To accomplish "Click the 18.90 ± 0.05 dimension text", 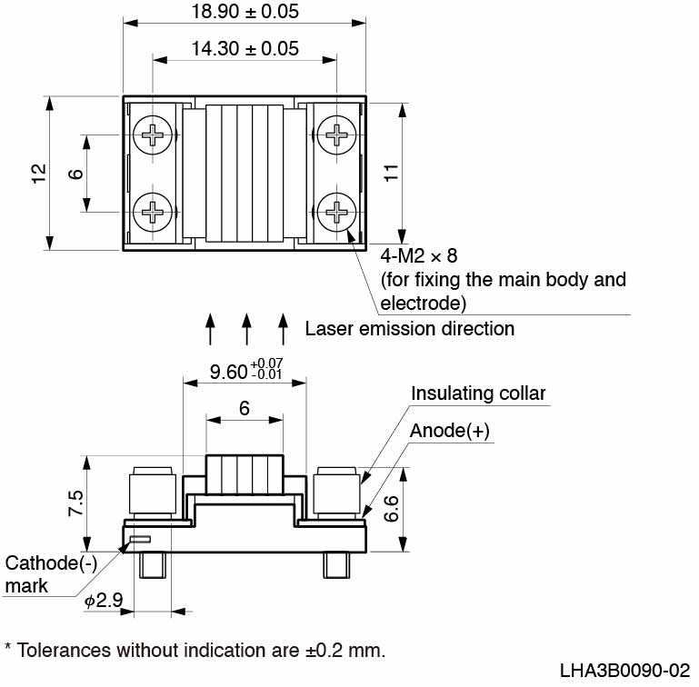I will click(245, 13).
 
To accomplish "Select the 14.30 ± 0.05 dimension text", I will click(245, 49).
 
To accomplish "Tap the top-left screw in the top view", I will click(152, 136).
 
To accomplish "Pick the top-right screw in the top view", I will click(337, 136).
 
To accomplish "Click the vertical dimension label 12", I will click(37, 174).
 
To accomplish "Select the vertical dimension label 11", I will click(392, 174).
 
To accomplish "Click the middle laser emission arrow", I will click(246, 329).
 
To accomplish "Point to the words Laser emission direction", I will click(410, 328).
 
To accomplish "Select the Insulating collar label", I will click(478, 393).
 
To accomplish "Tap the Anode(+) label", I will click(450, 431).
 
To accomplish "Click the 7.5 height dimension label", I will click(75, 502).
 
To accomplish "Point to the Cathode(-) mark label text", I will click(50, 574).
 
